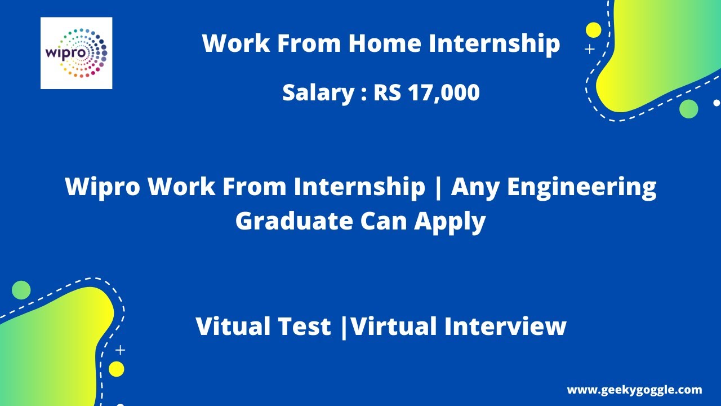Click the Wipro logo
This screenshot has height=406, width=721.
(x=76, y=53)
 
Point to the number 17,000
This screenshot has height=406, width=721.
(x=444, y=92)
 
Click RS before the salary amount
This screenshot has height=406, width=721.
(x=387, y=92)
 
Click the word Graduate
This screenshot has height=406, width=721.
(x=293, y=221)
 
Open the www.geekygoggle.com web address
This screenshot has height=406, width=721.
(x=634, y=390)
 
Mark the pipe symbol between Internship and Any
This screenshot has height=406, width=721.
(x=438, y=187)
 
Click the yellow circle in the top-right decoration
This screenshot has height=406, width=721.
(x=593, y=30)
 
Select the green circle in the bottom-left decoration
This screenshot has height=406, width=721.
(x=21, y=290)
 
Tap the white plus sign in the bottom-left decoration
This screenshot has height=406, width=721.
(x=120, y=350)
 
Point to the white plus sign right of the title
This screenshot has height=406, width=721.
(x=590, y=50)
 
